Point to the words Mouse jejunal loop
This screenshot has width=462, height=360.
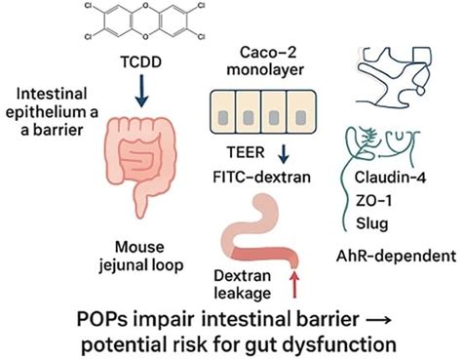pos(147,255)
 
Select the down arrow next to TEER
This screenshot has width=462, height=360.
pos(283,155)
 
